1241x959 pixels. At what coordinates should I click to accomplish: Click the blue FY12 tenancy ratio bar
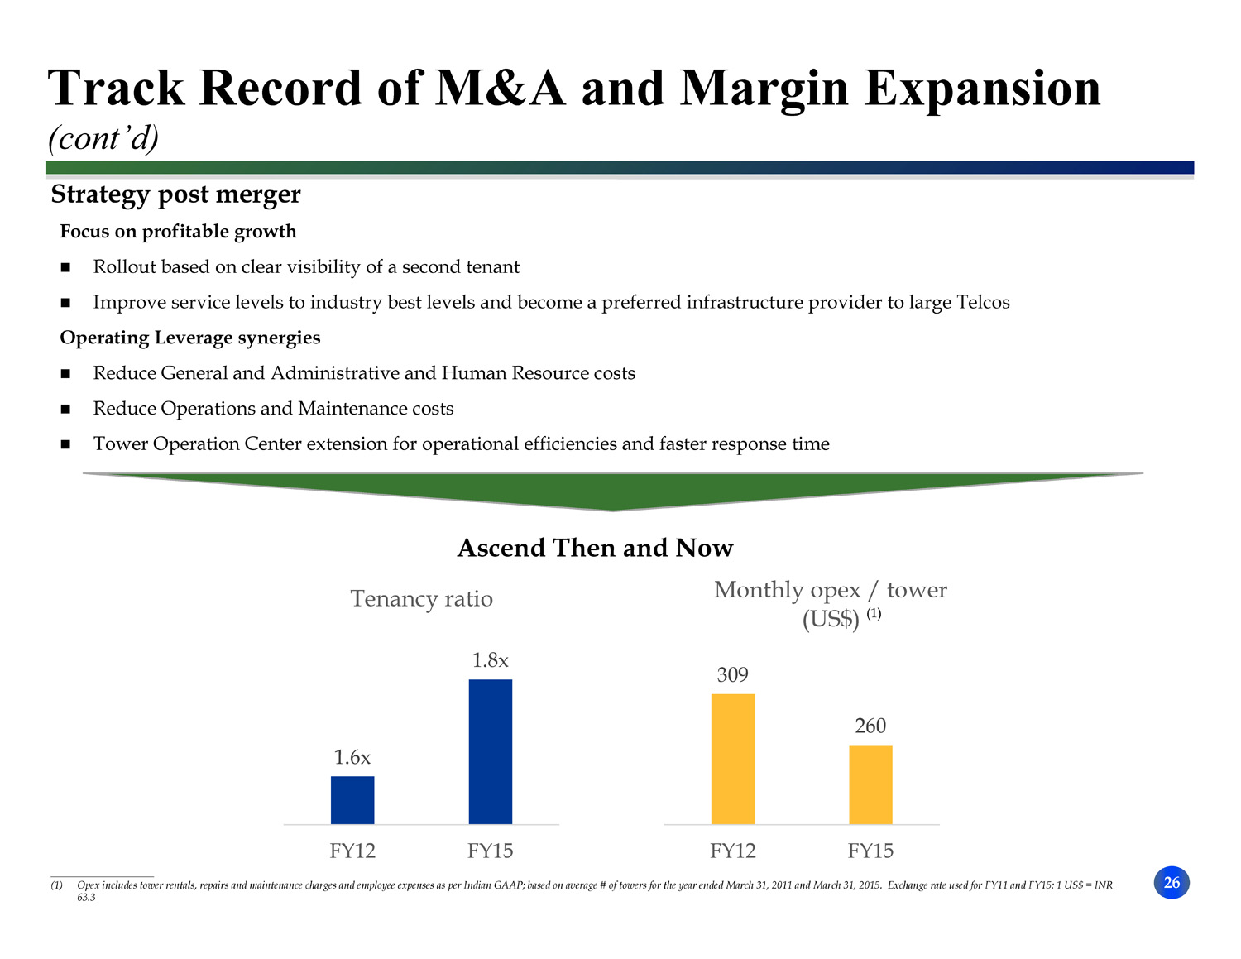click(352, 800)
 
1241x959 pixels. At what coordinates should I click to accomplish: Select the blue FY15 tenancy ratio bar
click(491, 751)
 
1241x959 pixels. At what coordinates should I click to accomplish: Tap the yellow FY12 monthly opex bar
click(733, 759)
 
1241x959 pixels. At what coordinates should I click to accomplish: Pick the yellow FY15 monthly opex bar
click(870, 784)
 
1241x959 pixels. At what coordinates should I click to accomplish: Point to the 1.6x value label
click(352, 757)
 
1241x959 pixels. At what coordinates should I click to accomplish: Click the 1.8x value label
click(491, 660)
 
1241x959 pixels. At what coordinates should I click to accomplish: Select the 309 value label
click(733, 674)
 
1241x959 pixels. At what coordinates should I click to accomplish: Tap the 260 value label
click(870, 726)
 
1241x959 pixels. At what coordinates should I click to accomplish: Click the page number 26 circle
click(1172, 883)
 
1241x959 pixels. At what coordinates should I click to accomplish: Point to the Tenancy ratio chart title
click(422, 598)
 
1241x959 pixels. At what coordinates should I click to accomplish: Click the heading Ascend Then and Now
click(596, 548)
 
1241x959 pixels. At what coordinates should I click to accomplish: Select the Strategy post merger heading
click(176, 194)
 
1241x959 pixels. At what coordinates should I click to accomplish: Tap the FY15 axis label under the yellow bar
click(870, 851)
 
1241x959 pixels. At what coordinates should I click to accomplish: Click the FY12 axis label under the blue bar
click(352, 851)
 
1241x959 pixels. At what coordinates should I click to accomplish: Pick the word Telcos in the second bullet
click(983, 302)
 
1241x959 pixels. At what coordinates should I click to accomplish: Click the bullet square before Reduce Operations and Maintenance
click(65, 409)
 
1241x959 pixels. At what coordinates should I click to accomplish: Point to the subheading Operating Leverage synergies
click(190, 338)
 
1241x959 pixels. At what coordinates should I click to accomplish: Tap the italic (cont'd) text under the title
click(103, 138)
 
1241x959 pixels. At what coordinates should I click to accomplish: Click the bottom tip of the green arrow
click(613, 508)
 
